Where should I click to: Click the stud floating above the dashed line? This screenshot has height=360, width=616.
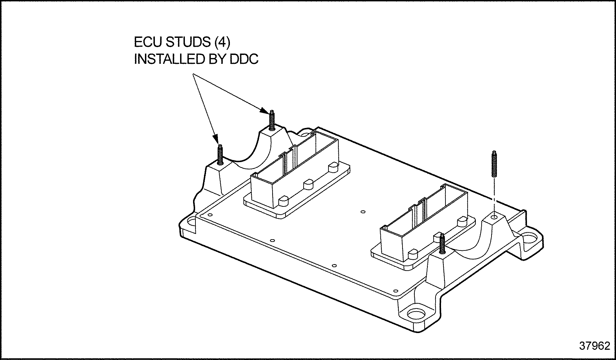[x=494, y=164]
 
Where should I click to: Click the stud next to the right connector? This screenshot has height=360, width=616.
[x=442, y=243]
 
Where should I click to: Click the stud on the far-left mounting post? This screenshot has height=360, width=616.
[x=220, y=154]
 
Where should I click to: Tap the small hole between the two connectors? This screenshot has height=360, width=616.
[x=363, y=212]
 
